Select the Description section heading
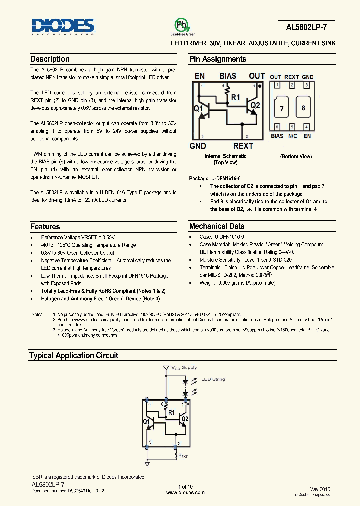tap(50, 59)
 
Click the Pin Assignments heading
tap(217, 59)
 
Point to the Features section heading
tap(45, 226)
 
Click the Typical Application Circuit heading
tap(74, 355)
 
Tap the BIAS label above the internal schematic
tap(228, 76)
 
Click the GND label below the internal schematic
tap(198, 146)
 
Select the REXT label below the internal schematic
tap(243, 146)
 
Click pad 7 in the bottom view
tap(282, 108)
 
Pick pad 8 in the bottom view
tap(303, 108)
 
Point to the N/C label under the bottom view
tap(292, 136)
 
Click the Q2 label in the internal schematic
tap(255, 105)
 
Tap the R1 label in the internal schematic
tap(235, 97)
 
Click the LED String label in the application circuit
tap(213, 379)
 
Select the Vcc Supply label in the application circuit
tap(184, 367)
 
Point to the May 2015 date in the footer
tap(320, 488)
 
